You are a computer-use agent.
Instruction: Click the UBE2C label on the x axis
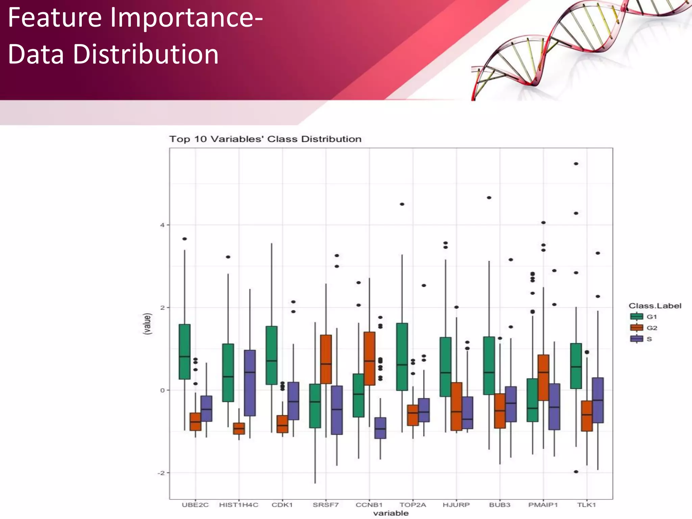[195, 505]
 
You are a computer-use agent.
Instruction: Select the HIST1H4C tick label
[239, 505]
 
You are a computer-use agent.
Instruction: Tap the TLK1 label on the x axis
[587, 505]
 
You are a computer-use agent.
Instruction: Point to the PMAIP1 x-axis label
[543, 505]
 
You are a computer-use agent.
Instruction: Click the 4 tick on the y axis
[163, 225]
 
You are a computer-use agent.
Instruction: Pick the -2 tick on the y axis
[161, 473]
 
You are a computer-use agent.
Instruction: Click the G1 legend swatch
[637, 317]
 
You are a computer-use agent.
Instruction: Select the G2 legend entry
[644, 328]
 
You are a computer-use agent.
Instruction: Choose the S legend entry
[641, 339]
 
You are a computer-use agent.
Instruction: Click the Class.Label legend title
[654, 306]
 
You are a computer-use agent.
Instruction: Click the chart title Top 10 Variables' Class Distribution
[265, 139]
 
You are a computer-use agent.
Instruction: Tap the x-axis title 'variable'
[391, 513]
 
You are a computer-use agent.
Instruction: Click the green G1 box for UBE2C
[184, 351]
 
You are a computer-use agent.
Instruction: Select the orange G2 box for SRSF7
[326, 359]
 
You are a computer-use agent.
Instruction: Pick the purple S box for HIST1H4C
[250, 383]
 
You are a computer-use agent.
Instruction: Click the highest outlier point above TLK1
[576, 164]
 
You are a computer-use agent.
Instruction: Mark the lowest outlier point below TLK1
[576, 472]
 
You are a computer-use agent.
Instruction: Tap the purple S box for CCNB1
[380, 428]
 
